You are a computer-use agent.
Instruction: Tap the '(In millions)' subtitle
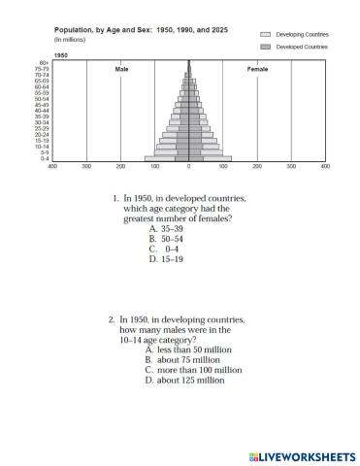[69, 40]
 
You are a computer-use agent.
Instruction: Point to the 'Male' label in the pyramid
[121, 70]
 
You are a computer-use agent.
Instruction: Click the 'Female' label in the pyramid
[258, 70]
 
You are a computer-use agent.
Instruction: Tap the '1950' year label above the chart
[60, 56]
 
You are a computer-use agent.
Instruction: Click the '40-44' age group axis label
[43, 111]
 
